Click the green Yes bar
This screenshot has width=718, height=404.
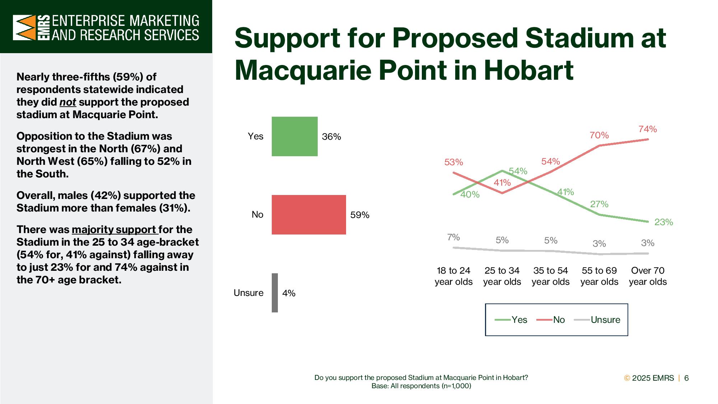click(x=294, y=136)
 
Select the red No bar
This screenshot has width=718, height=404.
click(x=309, y=215)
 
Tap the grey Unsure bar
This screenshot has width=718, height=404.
click(x=275, y=293)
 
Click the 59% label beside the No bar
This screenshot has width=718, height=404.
click(x=360, y=215)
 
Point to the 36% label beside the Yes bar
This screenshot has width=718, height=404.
click(x=331, y=136)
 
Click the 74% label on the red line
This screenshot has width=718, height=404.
click(x=648, y=129)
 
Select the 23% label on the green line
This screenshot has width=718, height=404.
click(x=663, y=222)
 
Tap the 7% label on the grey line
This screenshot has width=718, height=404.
click(x=453, y=237)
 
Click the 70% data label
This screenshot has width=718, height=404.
click(x=599, y=135)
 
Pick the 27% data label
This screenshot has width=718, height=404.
click(x=599, y=204)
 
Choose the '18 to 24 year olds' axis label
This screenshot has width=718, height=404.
click(x=453, y=276)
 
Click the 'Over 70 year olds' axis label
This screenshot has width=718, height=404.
click(x=648, y=276)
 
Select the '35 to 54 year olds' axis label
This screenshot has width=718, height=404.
click(x=551, y=276)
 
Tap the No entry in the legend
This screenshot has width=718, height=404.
click(x=551, y=320)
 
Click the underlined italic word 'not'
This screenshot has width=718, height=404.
click(x=68, y=102)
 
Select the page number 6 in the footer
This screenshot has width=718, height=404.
click(x=686, y=378)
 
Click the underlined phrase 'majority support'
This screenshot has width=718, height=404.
click(x=114, y=229)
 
